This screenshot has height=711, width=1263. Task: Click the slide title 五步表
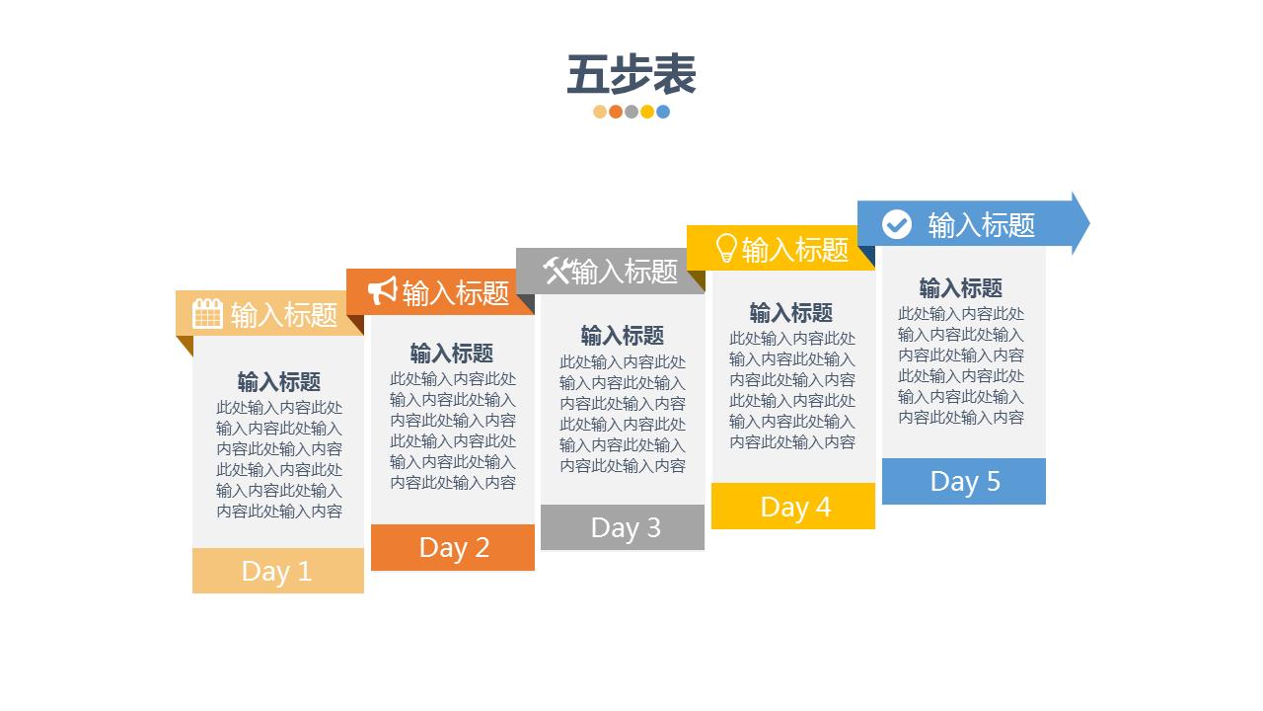click(631, 75)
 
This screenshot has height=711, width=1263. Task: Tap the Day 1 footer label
click(276, 571)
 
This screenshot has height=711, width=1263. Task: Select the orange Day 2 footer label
click(454, 547)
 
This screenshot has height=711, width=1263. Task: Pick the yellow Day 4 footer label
click(795, 507)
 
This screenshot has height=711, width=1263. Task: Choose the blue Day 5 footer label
click(965, 481)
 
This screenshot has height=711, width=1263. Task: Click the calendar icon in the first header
click(207, 314)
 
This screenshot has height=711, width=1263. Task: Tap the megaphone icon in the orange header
click(382, 291)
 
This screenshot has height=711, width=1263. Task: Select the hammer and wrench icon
click(557, 270)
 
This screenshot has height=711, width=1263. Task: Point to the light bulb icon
click(726, 248)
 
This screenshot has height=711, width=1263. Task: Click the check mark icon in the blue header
click(896, 224)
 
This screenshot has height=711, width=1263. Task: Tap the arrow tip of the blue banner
click(1081, 223)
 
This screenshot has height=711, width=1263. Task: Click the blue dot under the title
click(663, 112)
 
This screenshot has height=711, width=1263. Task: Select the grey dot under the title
click(631, 112)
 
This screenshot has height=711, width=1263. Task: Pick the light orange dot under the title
click(600, 112)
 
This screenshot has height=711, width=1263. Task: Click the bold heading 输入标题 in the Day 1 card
click(279, 382)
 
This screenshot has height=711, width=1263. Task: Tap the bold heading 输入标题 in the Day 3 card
click(623, 335)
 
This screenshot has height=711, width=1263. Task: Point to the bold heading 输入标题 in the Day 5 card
click(961, 287)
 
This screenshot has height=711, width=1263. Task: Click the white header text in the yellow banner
click(795, 250)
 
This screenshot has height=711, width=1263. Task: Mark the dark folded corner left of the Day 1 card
click(185, 344)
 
